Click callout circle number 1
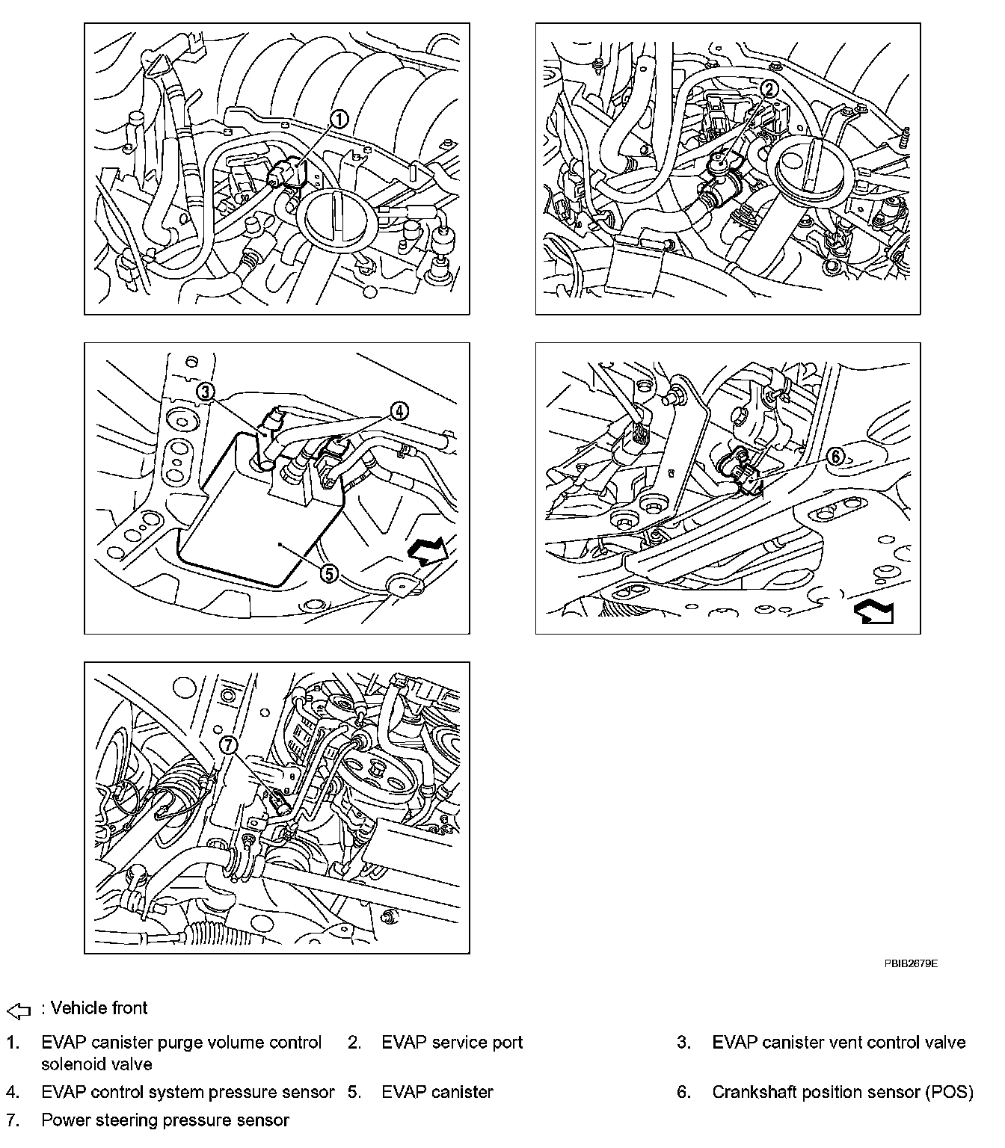click(339, 120)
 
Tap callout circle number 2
click(769, 89)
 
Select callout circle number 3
click(206, 392)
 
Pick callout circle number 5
click(329, 573)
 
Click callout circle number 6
click(836, 457)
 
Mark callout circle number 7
click(228, 745)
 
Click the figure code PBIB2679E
click(911, 963)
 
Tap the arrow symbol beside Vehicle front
click(19, 1010)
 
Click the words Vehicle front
click(99, 1008)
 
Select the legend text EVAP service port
click(452, 1043)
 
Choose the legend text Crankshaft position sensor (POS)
click(843, 1092)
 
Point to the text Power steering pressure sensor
click(165, 1120)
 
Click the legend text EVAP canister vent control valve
click(839, 1043)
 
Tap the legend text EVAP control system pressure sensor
click(188, 1092)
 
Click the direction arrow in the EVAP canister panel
click(428, 550)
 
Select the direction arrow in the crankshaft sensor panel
click(873, 613)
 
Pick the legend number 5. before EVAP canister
click(354, 1092)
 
